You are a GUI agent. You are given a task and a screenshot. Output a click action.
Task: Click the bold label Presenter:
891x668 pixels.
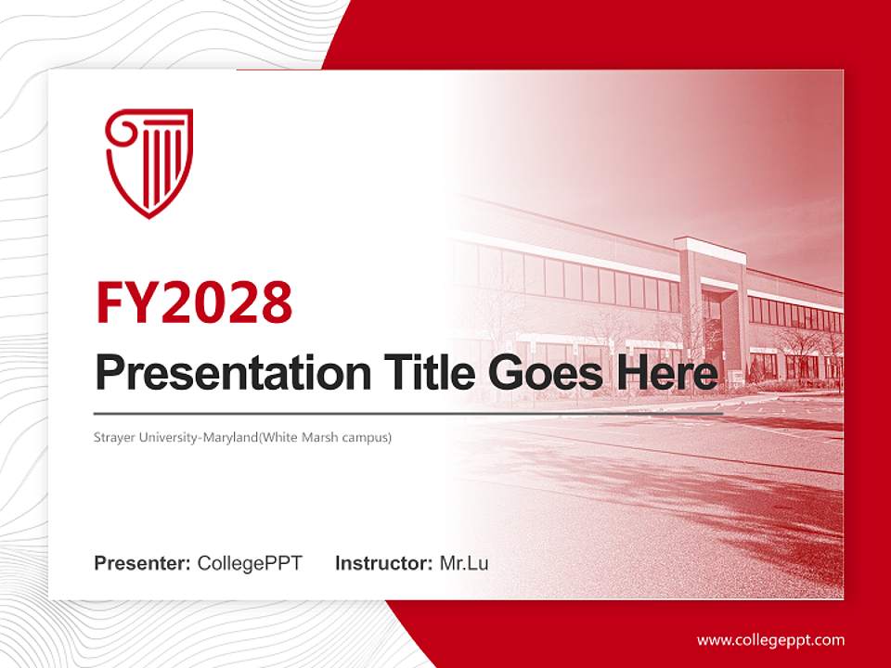coord(143,563)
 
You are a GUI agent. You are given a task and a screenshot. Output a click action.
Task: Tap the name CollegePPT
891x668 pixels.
coord(250,563)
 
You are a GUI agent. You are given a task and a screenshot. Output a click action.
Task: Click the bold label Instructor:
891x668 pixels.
coord(383,563)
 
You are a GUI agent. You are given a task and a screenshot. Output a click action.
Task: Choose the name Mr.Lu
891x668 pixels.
coord(464,563)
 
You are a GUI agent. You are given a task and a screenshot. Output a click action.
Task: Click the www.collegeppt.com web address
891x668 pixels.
coord(770,640)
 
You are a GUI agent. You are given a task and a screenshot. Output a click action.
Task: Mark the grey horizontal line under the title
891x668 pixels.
coord(371,413)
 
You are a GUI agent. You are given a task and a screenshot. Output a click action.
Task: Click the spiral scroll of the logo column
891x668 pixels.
coord(118,130)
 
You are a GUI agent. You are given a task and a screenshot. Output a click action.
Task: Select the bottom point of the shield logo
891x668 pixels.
coord(148,216)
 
